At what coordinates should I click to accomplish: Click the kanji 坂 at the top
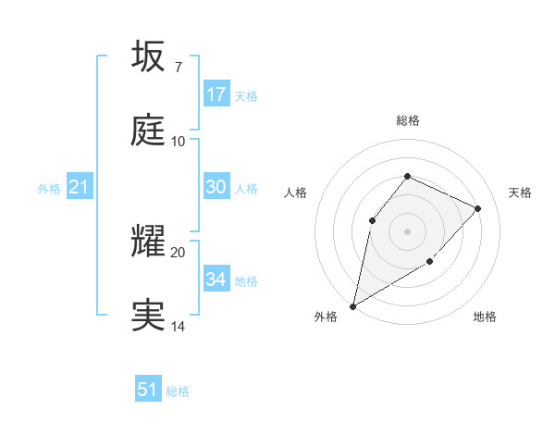(149, 56)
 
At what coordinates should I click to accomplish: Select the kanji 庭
(149, 130)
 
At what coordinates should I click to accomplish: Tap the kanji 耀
(149, 242)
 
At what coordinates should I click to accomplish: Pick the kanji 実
(149, 316)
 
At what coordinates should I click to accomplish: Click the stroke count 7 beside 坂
(178, 68)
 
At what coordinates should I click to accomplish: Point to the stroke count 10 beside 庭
(179, 142)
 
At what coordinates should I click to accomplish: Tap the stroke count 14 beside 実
(179, 327)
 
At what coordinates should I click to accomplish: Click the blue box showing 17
(216, 94)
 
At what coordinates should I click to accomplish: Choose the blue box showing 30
(216, 187)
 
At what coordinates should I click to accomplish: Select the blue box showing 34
(216, 280)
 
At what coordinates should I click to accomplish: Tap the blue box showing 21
(80, 188)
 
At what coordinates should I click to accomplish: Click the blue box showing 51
(148, 390)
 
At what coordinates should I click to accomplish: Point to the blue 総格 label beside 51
(178, 391)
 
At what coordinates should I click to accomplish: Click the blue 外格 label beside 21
(49, 189)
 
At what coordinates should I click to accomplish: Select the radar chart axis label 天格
(520, 193)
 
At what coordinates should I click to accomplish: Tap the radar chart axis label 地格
(485, 317)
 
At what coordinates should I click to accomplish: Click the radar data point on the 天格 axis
(478, 208)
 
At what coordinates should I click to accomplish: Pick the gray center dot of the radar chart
(407, 230)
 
